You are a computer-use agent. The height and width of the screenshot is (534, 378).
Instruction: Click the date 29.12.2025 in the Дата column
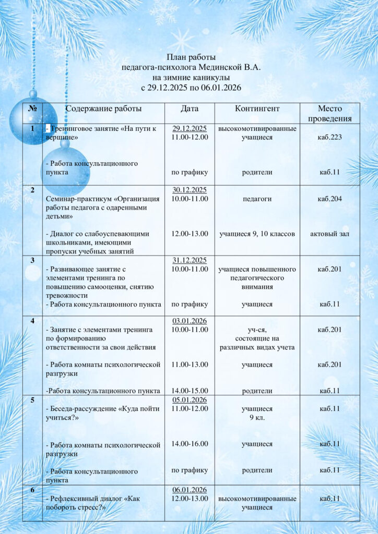coord(190,128)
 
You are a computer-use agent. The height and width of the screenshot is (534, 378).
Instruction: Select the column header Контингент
coord(257,109)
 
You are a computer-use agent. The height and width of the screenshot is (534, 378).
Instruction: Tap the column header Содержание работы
coord(103,109)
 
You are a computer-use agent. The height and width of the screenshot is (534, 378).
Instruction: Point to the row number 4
coord(32,321)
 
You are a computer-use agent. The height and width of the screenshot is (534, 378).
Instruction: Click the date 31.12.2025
coord(190,260)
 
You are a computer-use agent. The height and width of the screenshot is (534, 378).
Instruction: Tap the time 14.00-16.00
coord(190,444)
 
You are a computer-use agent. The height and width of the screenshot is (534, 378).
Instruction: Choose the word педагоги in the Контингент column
coord(257,199)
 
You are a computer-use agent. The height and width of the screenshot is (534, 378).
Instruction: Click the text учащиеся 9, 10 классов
coord(257,234)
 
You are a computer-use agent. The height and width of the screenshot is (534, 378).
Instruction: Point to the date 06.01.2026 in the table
coord(190,490)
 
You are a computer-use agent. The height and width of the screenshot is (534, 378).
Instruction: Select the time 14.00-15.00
coord(190,390)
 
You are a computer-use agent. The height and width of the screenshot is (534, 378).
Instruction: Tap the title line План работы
coord(191,57)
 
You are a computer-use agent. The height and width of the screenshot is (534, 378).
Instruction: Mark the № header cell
coord(32,109)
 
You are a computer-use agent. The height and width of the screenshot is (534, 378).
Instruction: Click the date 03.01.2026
coord(190,321)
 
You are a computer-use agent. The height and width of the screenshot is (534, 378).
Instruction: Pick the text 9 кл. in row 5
coord(257,417)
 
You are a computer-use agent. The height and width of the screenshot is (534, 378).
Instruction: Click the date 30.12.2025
coord(190,190)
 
